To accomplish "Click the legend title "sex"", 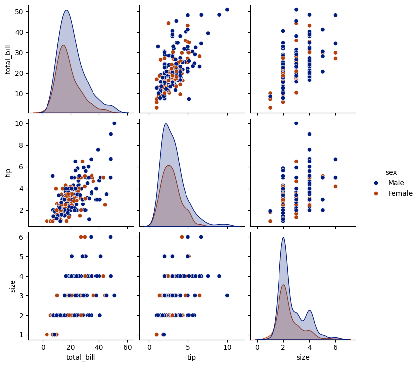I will click(391, 172).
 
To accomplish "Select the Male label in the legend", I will click(396, 183).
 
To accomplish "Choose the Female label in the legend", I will click(400, 193).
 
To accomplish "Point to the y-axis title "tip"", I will click(8, 172).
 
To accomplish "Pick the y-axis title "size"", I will click(12, 285).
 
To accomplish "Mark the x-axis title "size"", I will click(303, 357).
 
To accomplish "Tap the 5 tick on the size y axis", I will click(24, 257).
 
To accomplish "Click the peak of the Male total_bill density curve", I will click(66, 10).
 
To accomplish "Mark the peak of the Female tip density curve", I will click(169, 165).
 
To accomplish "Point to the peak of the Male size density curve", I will click(283, 238).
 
